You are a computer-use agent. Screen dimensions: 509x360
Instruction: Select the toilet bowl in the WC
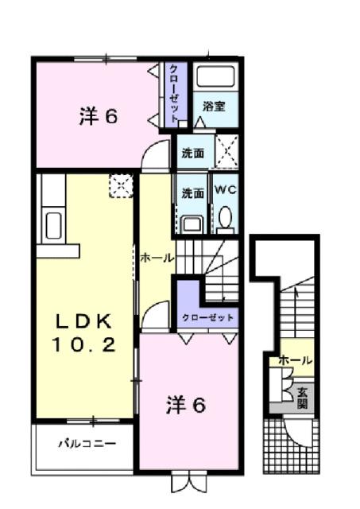[x=225, y=217]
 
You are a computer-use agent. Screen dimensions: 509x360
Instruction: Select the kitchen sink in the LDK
[x=53, y=225]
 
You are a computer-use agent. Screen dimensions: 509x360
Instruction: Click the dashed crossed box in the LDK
[x=121, y=186]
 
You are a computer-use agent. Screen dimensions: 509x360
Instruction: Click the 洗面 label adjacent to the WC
[x=192, y=192]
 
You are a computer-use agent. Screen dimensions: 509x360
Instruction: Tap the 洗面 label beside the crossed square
[x=192, y=151]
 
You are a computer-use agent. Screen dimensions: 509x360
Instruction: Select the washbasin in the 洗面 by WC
[x=191, y=223]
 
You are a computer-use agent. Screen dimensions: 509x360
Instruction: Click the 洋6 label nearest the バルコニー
[x=186, y=406]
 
